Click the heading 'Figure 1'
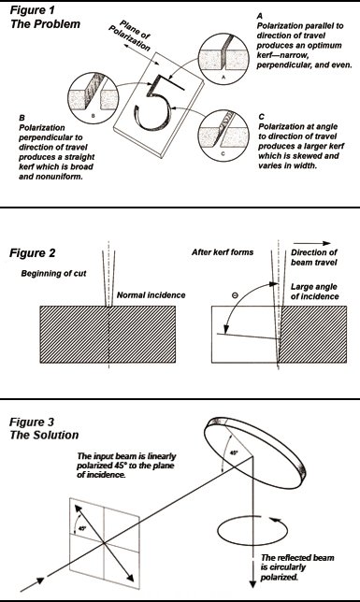tap(33, 10)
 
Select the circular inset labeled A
tap(224, 59)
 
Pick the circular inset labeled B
tap(93, 97)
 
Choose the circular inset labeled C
tap(223, 136)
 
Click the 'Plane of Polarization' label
tap(133, 36)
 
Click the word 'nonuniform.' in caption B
tap(50, 177)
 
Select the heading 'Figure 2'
tap(33, 253)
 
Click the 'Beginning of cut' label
tap(54, 273)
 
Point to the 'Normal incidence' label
tap(151, 294)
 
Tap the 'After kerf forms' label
tap(223, 252)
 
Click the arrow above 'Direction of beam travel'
tap(311, 243)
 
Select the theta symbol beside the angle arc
tap(236, 295)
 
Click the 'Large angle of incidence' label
tap(315, 292)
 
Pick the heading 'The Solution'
tap(44, 435)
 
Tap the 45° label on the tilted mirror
tap(234, 453)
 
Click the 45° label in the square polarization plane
tap(82, 528)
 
